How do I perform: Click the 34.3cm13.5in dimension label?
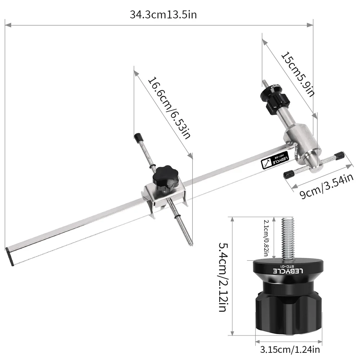coord(163,15)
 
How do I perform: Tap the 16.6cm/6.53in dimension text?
coord(169,108)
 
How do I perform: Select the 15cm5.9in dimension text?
coord(298,75)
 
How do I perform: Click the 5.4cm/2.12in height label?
coord(223,277)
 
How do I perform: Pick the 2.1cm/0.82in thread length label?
coord(266,238)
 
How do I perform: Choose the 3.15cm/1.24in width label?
coord(290,350)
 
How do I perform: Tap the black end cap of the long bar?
coord(9,257)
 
